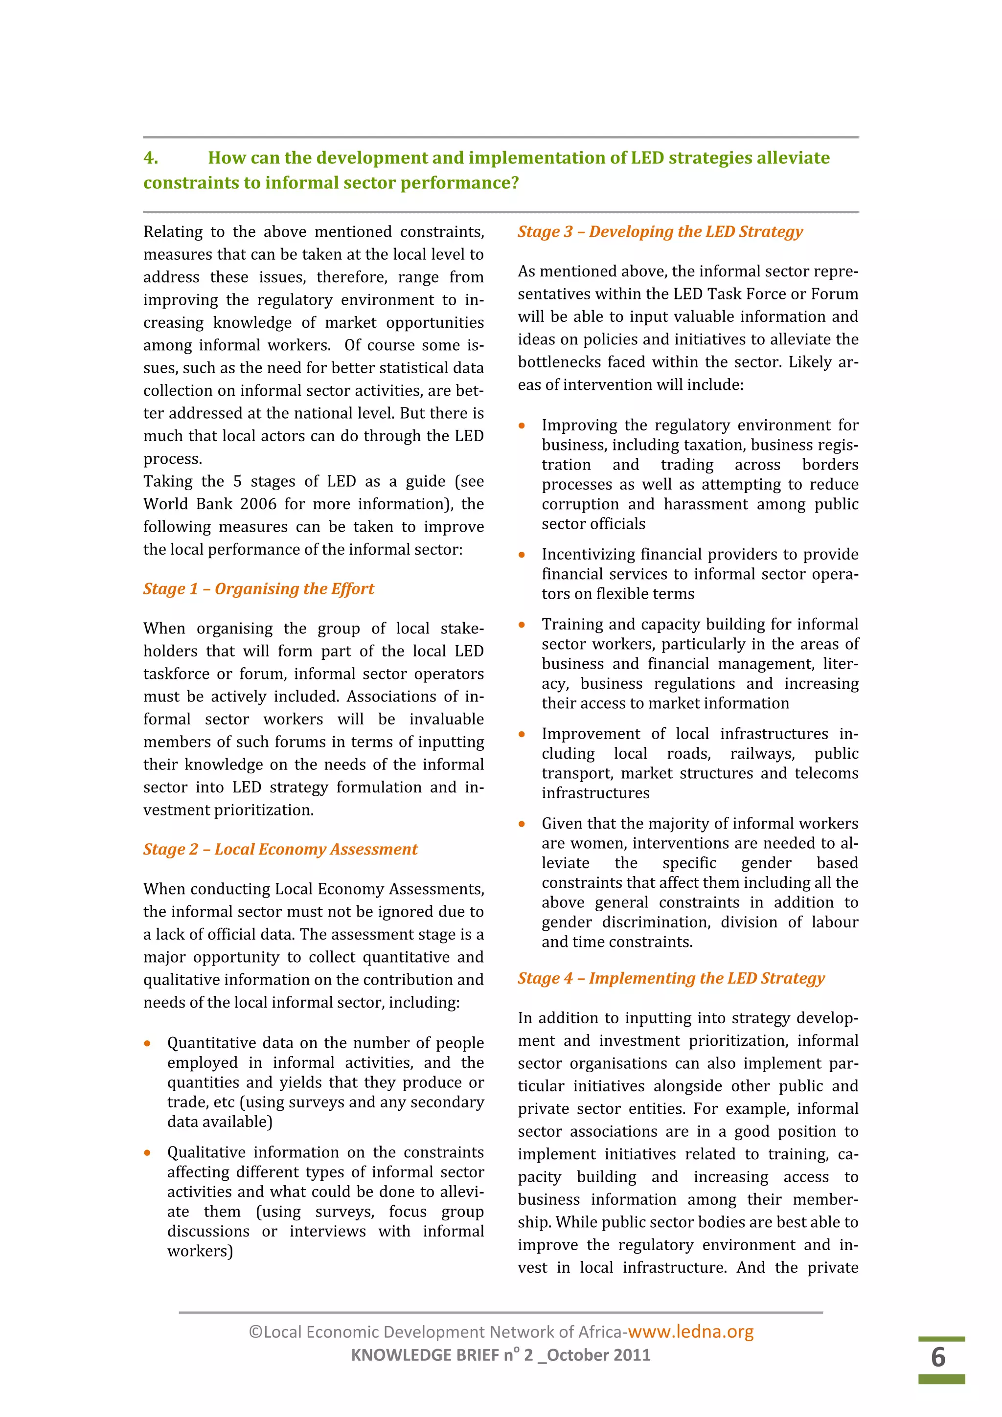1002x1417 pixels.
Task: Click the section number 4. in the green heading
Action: [151, 158]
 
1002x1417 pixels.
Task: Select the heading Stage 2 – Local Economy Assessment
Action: [280, 849]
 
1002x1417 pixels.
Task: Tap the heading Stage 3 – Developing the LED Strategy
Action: [660, 231]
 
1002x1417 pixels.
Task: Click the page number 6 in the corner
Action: [938, 1357]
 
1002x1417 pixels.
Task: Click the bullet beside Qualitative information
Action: [148, 1153]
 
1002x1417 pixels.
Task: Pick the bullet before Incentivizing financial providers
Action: [522, 555]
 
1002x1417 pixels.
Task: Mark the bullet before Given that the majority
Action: [522, 824]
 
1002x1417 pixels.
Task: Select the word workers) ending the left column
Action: [200, 1252]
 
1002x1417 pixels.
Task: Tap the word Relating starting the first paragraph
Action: [172, 232]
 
